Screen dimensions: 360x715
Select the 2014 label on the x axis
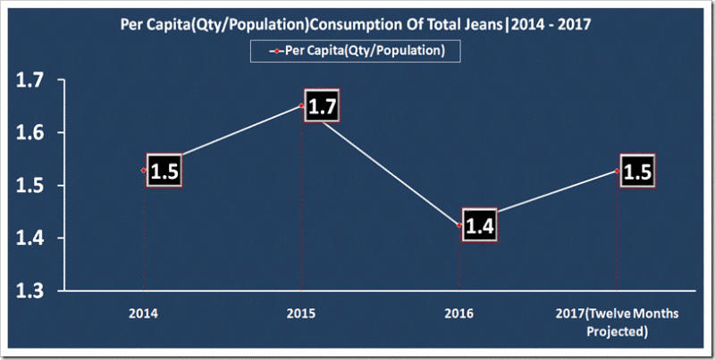144,314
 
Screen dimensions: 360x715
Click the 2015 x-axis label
301,314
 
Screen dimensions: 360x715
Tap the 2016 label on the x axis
460,314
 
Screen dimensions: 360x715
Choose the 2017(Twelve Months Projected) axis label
617,322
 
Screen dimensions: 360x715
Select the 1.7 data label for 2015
322,107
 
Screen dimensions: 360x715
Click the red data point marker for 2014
143,170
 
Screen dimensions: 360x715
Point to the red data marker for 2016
459,225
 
